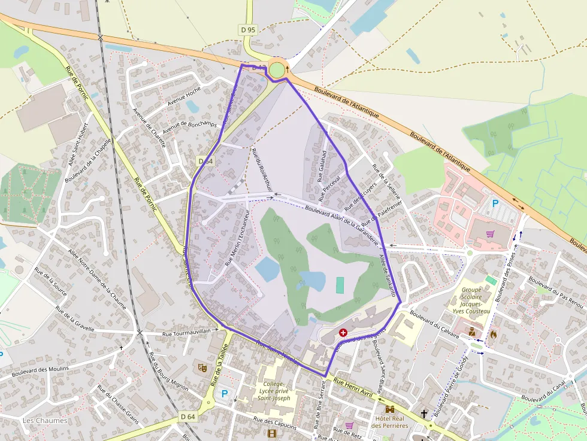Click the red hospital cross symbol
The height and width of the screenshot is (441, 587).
(343, 332)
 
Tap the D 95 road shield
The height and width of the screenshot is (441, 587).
(248, 29)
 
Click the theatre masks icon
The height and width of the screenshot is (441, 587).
(202, 367)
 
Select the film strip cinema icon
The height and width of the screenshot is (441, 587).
(273, 433)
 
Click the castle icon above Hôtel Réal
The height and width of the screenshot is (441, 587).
(390, 409)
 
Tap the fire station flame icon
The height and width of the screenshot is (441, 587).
(494, 334)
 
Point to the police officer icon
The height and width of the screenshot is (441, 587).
(472, 331)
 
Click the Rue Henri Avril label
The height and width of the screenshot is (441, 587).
(353, 387)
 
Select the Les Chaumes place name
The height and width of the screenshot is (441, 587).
(45, 421)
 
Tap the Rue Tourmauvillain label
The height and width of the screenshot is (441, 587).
(187, 331)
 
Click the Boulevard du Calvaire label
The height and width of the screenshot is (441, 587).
(434, 323)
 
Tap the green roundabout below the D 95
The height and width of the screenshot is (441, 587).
(277, 70)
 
